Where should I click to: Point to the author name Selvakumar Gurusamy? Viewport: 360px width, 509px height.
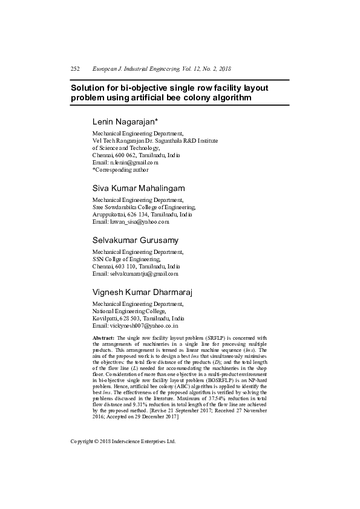[135, 240]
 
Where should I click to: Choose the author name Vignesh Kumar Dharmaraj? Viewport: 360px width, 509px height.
[142, 293]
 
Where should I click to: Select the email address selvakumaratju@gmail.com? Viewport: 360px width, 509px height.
[143, 274]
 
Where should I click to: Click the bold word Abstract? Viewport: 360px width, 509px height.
[103, 338]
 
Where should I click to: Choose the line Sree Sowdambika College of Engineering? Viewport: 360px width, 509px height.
[143, 207]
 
